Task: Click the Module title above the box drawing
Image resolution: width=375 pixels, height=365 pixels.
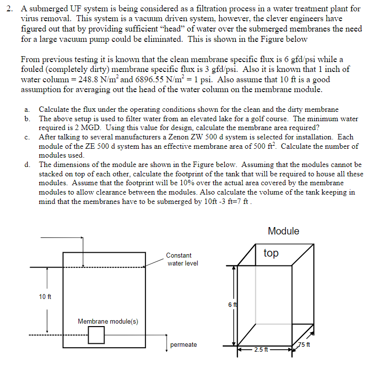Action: (283, 232)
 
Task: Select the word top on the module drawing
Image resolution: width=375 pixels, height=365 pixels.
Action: (271, 253)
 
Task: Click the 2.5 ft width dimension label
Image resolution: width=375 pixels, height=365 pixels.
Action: (261, 350)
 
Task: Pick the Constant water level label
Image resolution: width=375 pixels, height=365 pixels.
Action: (182, 260)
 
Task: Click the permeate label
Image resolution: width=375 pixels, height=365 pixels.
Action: (183, 345)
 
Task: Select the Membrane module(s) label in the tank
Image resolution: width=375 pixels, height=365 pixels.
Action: (108, 322)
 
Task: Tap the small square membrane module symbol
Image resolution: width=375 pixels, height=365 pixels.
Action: (97, 335)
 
